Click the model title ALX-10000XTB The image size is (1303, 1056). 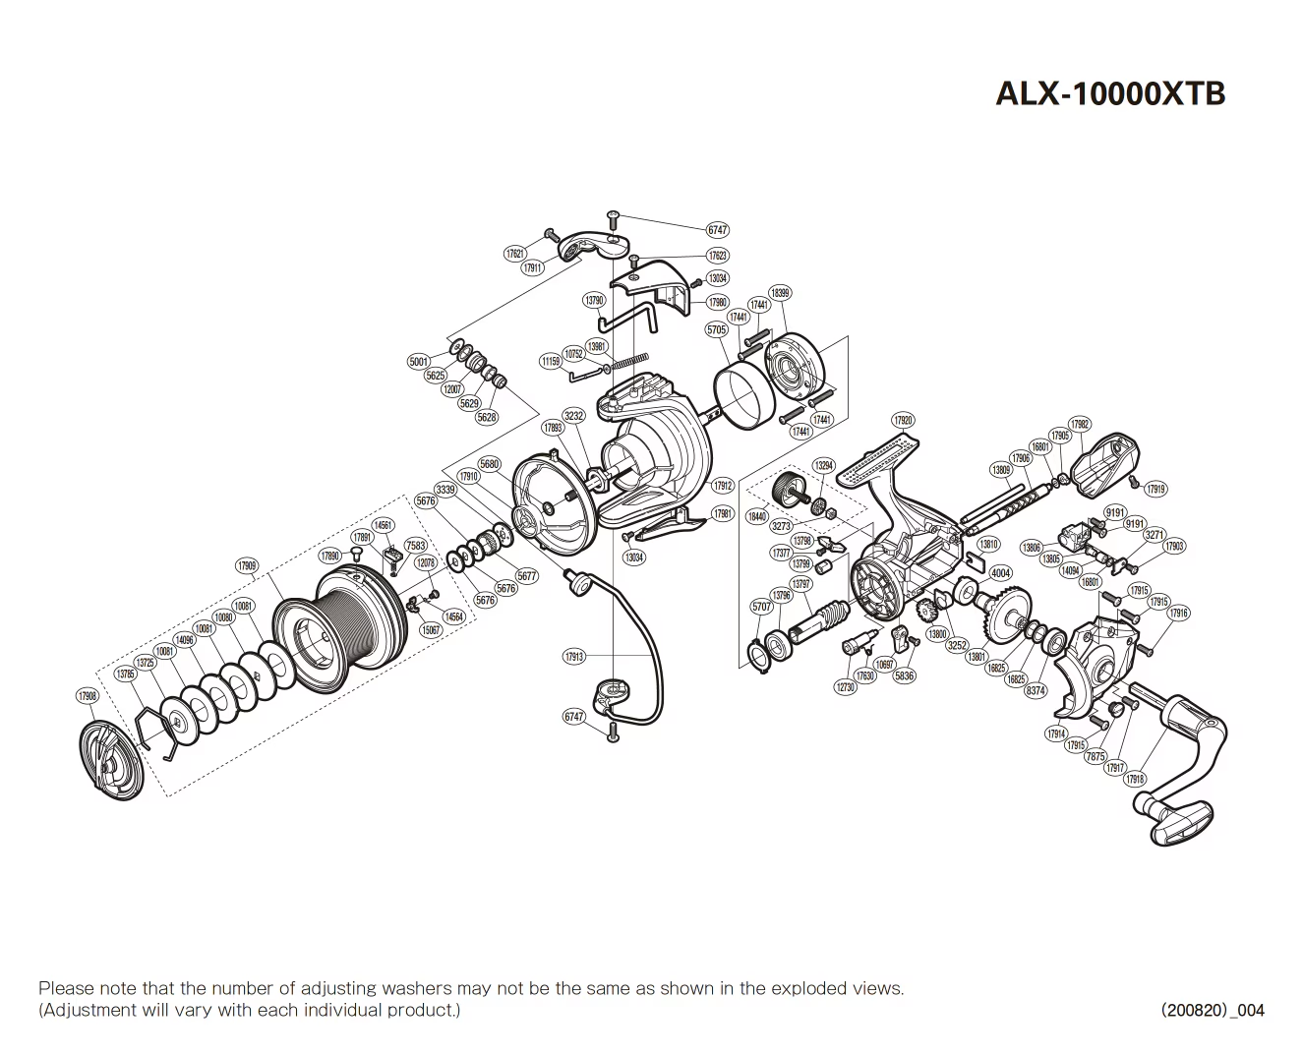(1110, 92)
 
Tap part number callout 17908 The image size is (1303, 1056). (88, 695)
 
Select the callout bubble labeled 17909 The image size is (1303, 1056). (247, 565)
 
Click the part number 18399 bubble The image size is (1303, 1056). (780, 293)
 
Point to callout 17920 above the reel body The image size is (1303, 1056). (902, 421)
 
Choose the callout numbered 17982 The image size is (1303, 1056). (1079, 425)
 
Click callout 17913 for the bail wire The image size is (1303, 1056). (574, 657)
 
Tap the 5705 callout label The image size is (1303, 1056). (717, 330)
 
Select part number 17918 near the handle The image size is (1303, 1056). (1135, 779)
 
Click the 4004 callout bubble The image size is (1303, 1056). (1000, 573)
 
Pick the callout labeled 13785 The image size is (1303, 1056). (125, 674)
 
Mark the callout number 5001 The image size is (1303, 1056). (419, 362)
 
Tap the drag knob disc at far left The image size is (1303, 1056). (110, 760)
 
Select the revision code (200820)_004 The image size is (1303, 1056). (1212, 1010)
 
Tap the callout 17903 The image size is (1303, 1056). (1173, 546)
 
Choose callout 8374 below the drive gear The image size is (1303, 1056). (1036, 690)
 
